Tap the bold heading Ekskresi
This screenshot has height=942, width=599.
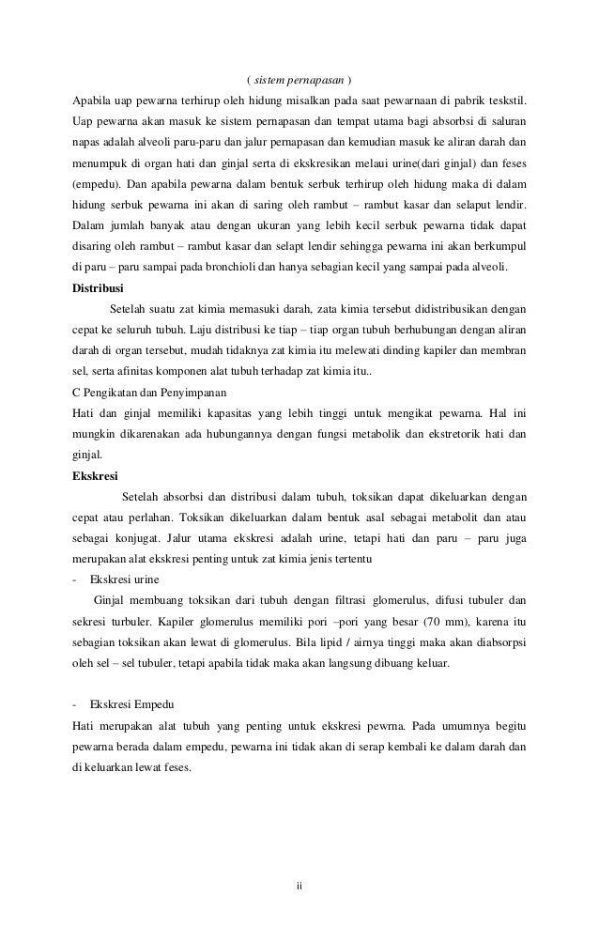tap(95, 474)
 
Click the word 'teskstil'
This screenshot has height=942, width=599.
tap(504, 100)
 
